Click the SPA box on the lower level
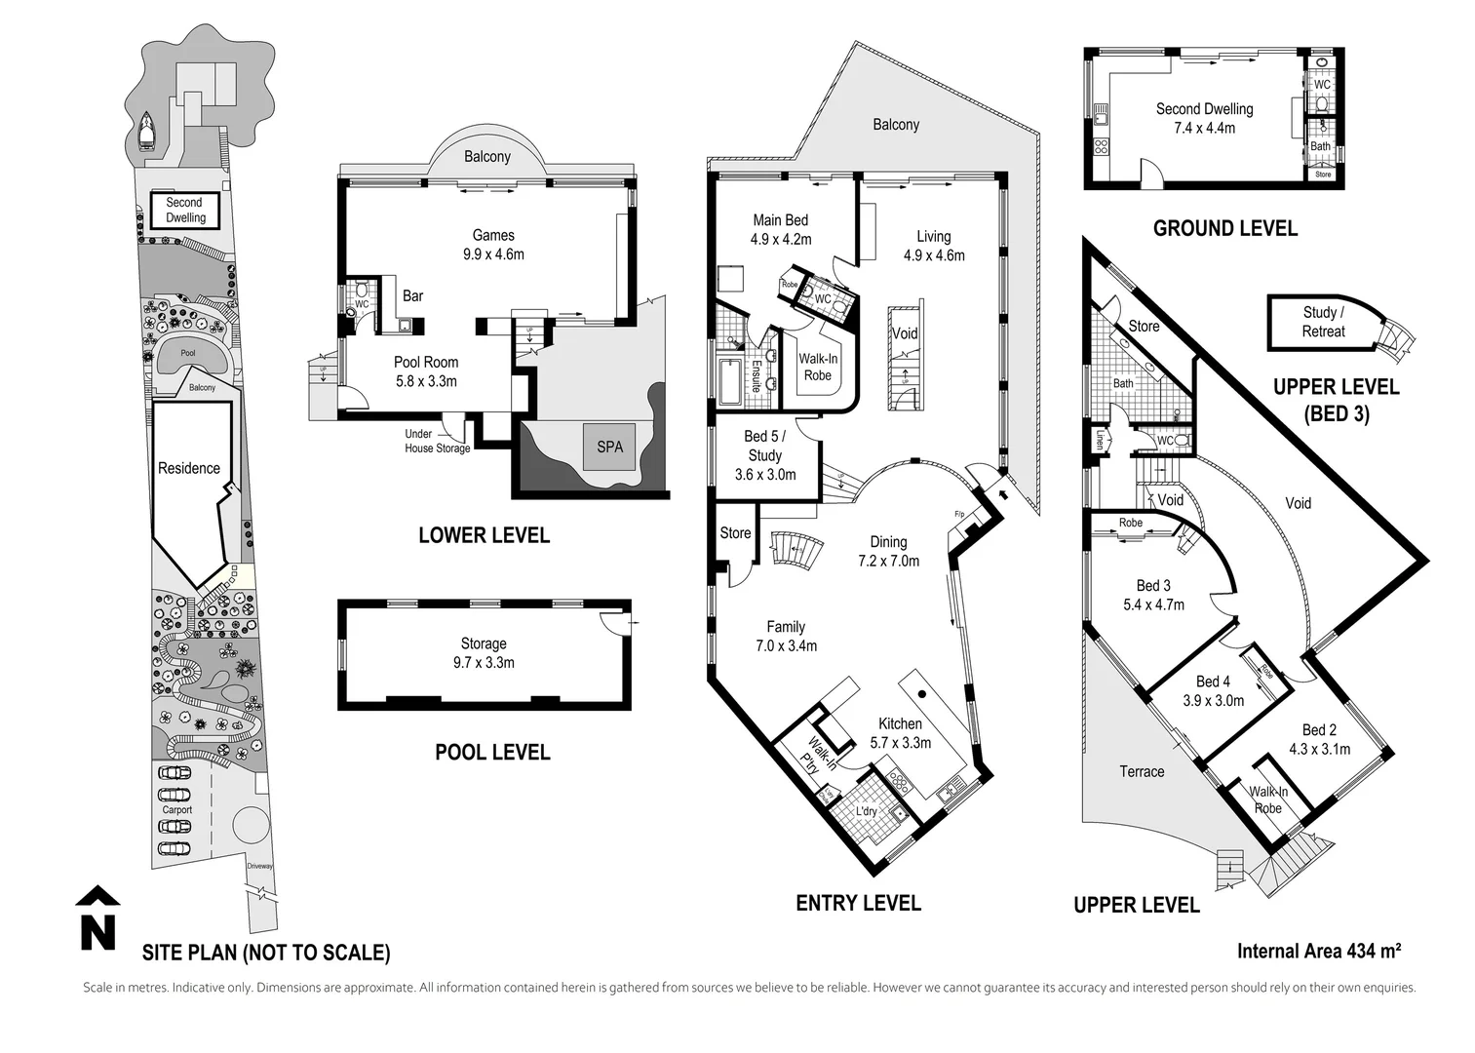click(609, 447)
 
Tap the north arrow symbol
click(97, 918)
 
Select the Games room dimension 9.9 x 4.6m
click(493, 254)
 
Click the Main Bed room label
click(780, 220)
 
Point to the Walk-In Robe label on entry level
click(818, 367)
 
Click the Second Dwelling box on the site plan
click(184, 210)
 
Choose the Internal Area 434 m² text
click(1319, 951)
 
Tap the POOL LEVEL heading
click(492, 752)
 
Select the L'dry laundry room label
click(866, 811)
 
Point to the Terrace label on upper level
click(1142, 771)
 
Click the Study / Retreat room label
click(1323, 322)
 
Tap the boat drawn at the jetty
click(146, 132)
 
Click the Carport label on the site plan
click(177, 809)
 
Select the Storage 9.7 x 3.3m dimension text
click(484, 663)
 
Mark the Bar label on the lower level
click(412, 295)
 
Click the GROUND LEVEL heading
click(1225, 228)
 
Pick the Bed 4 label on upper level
click(1213, 682)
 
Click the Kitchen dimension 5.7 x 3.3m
click(900, 743)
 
